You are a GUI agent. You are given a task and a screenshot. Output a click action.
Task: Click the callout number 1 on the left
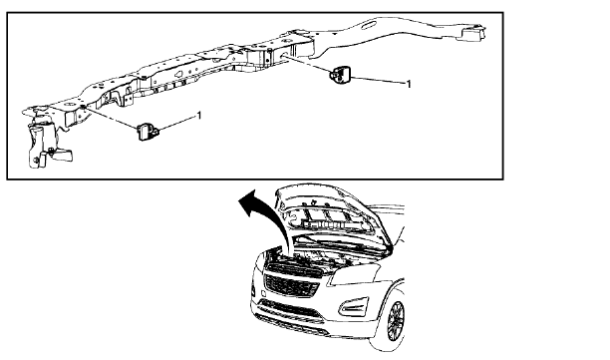coord(200,117)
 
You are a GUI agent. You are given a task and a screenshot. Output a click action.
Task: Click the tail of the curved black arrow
coord(289,249)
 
